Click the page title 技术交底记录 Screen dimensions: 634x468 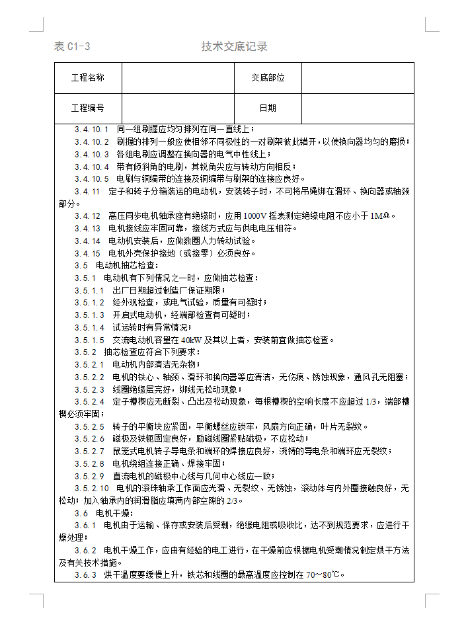point(234,46)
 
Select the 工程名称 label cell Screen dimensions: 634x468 point(87,78)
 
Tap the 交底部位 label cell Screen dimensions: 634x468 point(268,78)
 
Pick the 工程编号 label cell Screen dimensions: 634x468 point(87,108)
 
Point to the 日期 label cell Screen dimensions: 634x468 point(268,108)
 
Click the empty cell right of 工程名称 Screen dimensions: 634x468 point(177,78)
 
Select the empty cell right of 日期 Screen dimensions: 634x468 point(357,108)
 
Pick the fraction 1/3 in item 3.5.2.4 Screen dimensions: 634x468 point(371,401)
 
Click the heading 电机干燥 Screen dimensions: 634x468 point(114,513)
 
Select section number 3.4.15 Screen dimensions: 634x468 point(87,253)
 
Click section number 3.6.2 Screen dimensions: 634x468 point(85,550)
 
